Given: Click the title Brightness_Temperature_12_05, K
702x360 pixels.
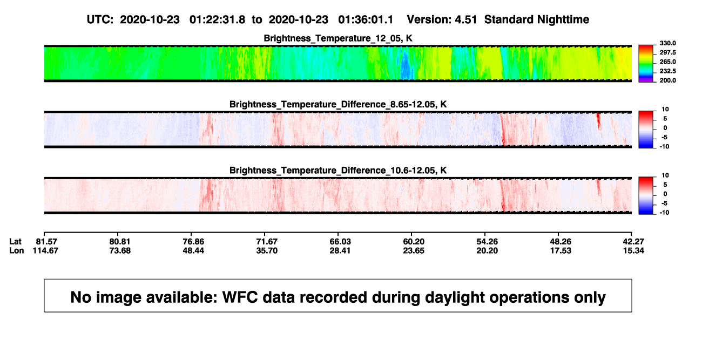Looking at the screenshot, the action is tap(338, 38).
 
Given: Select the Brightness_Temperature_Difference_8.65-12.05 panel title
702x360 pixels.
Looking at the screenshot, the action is tap(338, 104).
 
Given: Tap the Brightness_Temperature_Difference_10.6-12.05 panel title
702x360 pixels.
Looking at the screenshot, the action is tap(338, 171).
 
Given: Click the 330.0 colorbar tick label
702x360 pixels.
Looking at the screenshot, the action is tap(667, 43).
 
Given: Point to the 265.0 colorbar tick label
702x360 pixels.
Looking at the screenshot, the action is tap(667, 62).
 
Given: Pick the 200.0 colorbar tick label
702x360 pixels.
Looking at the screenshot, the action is tap(667, 80).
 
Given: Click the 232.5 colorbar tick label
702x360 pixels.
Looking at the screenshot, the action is tap(667, 71).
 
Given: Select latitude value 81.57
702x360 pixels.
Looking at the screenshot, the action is tap(46, 242).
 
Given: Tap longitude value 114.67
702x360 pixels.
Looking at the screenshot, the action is tap(45, 250).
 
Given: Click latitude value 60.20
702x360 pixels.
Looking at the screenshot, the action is tap(414, 242).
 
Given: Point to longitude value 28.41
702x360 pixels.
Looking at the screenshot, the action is tap(340, 250).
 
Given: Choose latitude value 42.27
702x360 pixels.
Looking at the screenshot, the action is tap(633, 242).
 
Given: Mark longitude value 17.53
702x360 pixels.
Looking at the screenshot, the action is tap(561, 250).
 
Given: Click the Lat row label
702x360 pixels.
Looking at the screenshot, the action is tap(15, 242).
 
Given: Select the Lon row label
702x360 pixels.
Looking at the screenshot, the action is tap(16, 250).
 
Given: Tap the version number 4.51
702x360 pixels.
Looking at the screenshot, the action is tap(465, 20).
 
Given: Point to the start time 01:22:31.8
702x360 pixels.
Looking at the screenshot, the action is tap(217, 20).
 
